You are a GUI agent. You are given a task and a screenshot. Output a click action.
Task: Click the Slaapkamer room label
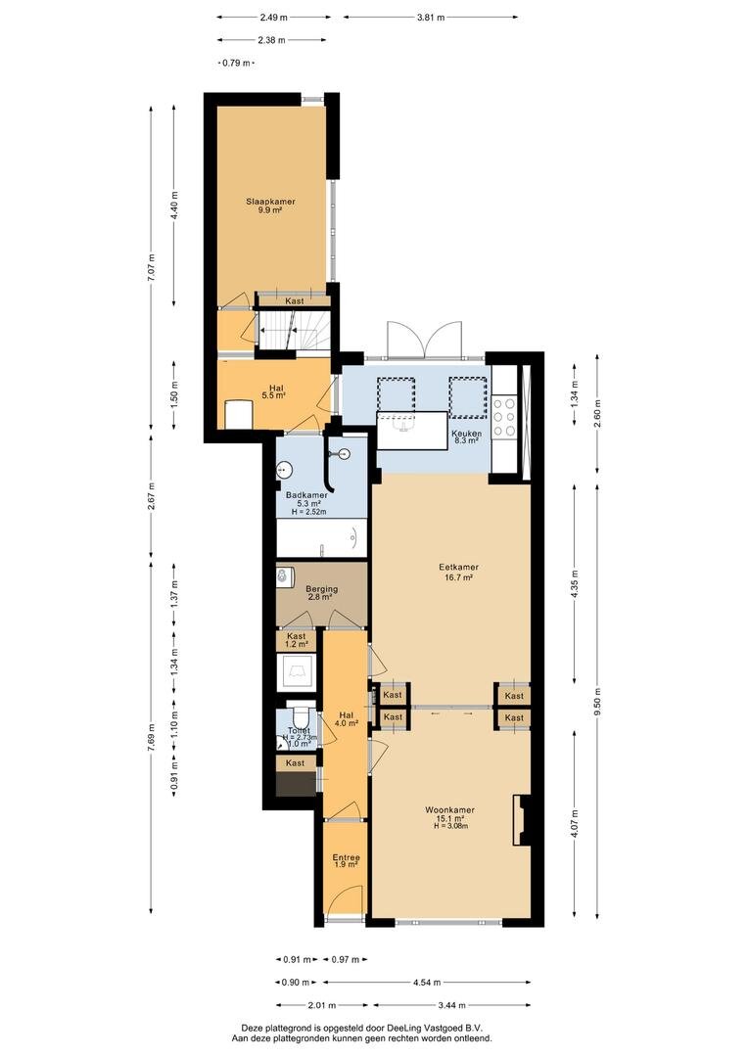click(x=270, y=202)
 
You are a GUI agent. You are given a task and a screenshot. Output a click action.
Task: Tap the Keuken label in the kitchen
click(x=466, y=434)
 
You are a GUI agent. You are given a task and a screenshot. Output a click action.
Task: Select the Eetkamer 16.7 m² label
click(x=458, y=573)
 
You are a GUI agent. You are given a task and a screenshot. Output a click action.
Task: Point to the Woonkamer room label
click(x=450, y=810)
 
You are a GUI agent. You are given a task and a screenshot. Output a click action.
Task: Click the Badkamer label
click(x=306, y=495)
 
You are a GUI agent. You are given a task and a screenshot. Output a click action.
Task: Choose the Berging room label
click(x=321, y=588)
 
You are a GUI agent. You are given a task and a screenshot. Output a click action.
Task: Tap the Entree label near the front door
click(x=346, y=857)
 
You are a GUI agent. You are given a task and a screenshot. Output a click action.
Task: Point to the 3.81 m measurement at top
click(x=431, y=18)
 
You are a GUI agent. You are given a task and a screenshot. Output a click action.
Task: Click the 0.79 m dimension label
click(x=237, y=63)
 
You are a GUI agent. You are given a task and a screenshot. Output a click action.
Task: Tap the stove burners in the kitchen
click(x=504, y=418)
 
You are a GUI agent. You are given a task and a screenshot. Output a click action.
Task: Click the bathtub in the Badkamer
click(x=322, y=538)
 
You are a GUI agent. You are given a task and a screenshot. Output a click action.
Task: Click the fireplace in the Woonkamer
click(x=522, y=820)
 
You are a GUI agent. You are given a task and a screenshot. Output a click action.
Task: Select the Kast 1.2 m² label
click(x=297, y=640)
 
